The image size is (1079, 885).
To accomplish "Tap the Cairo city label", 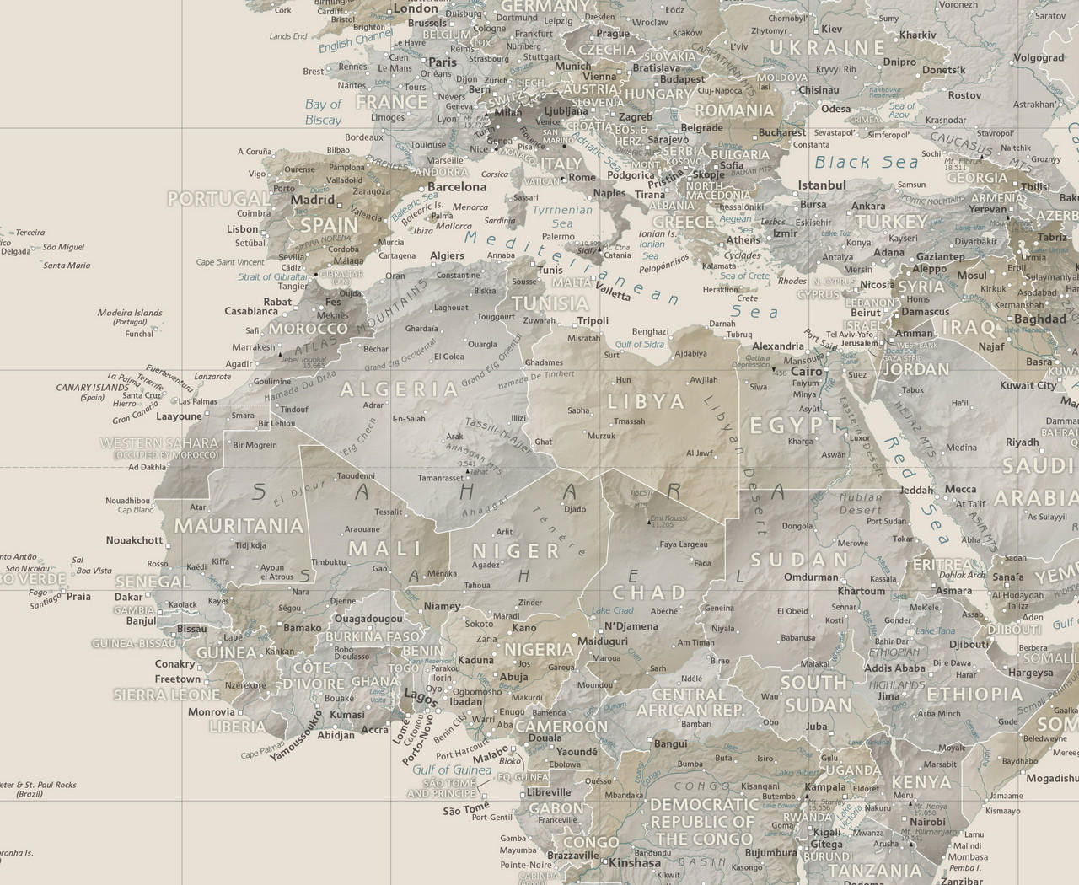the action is pos(806,371).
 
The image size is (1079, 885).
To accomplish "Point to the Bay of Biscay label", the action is pos(323,112).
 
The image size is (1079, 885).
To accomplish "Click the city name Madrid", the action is pos(313,201).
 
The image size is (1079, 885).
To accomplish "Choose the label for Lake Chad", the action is pos(612,610).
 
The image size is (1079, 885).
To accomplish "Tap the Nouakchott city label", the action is pos(134,540).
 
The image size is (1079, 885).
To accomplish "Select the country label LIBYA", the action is pos(646,402).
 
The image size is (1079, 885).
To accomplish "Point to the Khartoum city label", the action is pos(861,591).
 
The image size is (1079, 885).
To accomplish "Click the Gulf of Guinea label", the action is pos(452,770).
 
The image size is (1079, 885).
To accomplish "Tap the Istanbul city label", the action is pos(822,185).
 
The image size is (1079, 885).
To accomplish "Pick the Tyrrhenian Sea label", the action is pos(562,217).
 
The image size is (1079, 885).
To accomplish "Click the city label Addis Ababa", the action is pos(894,668).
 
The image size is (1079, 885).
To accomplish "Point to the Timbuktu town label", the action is pos(328,562).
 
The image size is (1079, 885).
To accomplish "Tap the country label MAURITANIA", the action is pos(238,526).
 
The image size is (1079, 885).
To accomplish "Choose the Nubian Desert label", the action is pos(860,503).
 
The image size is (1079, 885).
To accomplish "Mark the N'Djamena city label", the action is pos(631,626).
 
